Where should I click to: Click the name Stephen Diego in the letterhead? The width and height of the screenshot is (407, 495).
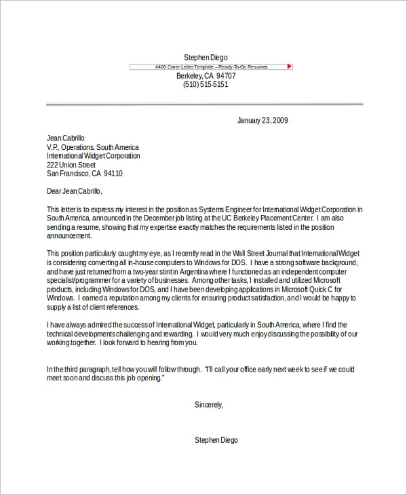click(x=206, y=57)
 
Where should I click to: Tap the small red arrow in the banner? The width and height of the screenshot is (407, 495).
click(x=290, y=66)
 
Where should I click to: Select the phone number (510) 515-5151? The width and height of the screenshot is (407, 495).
click(x=206, y=85)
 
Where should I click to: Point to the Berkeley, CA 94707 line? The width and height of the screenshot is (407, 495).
click(x=206, y=76)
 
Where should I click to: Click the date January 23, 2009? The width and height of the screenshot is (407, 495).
click(x=263, y=121)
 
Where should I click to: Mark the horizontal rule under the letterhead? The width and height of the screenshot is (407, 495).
click(x=204, y=104)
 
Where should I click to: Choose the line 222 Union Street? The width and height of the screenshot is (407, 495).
click(x=71, y=165)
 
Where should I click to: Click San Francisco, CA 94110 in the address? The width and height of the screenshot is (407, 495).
click(x=84, y=174)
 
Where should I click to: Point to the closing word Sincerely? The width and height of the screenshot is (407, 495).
click(x=208, y=405)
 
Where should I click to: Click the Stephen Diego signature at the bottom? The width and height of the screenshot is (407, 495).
click(x=216, y=440)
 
